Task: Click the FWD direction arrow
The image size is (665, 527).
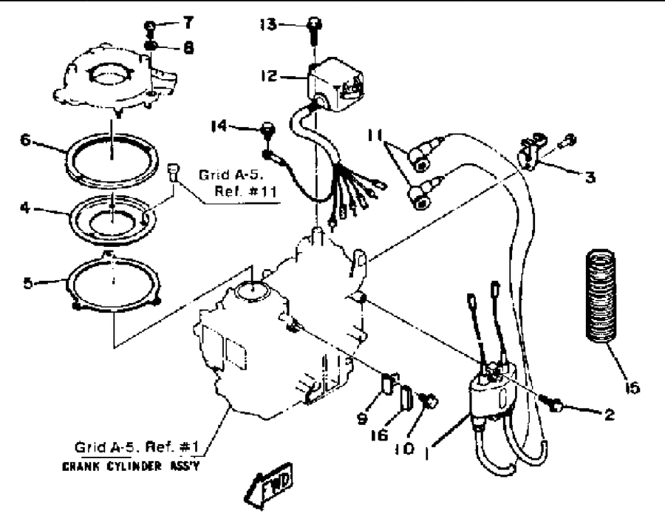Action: [269, 486]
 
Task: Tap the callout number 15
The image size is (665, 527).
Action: [632, 387]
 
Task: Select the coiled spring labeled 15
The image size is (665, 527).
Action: [601, 296]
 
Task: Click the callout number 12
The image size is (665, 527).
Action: [269, 76]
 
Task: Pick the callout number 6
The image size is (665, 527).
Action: [26, 140]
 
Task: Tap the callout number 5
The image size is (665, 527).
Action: [27, 283]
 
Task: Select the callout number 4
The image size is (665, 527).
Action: [25, 208]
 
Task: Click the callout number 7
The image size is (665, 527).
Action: [188, 23]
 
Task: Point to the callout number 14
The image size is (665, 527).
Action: [219, 126]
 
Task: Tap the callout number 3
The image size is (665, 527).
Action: [590, 177]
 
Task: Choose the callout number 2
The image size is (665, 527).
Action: [609, 415]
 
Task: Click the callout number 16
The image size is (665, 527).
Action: [380, 435]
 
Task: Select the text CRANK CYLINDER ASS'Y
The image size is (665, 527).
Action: [130, 466]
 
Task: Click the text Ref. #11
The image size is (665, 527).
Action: [245, 191]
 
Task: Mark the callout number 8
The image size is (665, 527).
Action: [188, 47]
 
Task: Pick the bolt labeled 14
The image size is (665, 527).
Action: [268, 129]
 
